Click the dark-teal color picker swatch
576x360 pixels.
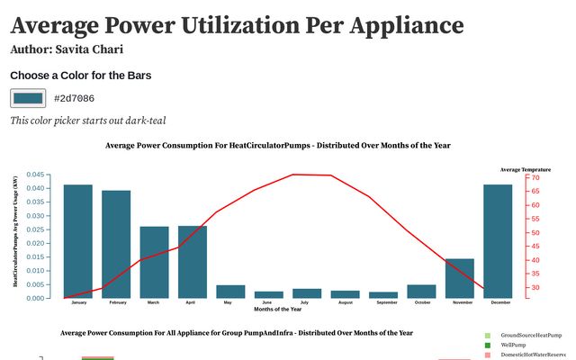pyautogui.click(x=28, y=98)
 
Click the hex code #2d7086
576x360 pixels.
pyautogui.click(x=74, y=98)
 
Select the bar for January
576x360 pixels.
pyautogui.click(x=78, y=241)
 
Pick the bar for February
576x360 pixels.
pyautogui.click(x=116, y=244)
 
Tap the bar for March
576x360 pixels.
pyautogui.click(x=155, y=262)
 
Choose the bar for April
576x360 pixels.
pyautogui.click(x=193, y=262)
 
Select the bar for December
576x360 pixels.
pyautogui.click(x=498, y=241)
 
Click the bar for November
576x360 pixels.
pyautogui.click(x=460, y=278)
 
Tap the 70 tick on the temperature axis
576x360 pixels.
pyautogui.click(x=535, y=178)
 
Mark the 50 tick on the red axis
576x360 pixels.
pyautogui.click(x=535, y=233)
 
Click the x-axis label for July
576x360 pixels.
pyautogui.click(x=307, y=303)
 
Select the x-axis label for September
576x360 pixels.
pyautogui.click(x=383, y=303)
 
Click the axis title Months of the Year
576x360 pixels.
pyautogui.click(x=278, y=310)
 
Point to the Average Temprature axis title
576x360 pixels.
pyautogui.click(x=526, y=169)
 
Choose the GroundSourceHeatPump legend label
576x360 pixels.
pyautogui.click(x=531, y=335)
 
